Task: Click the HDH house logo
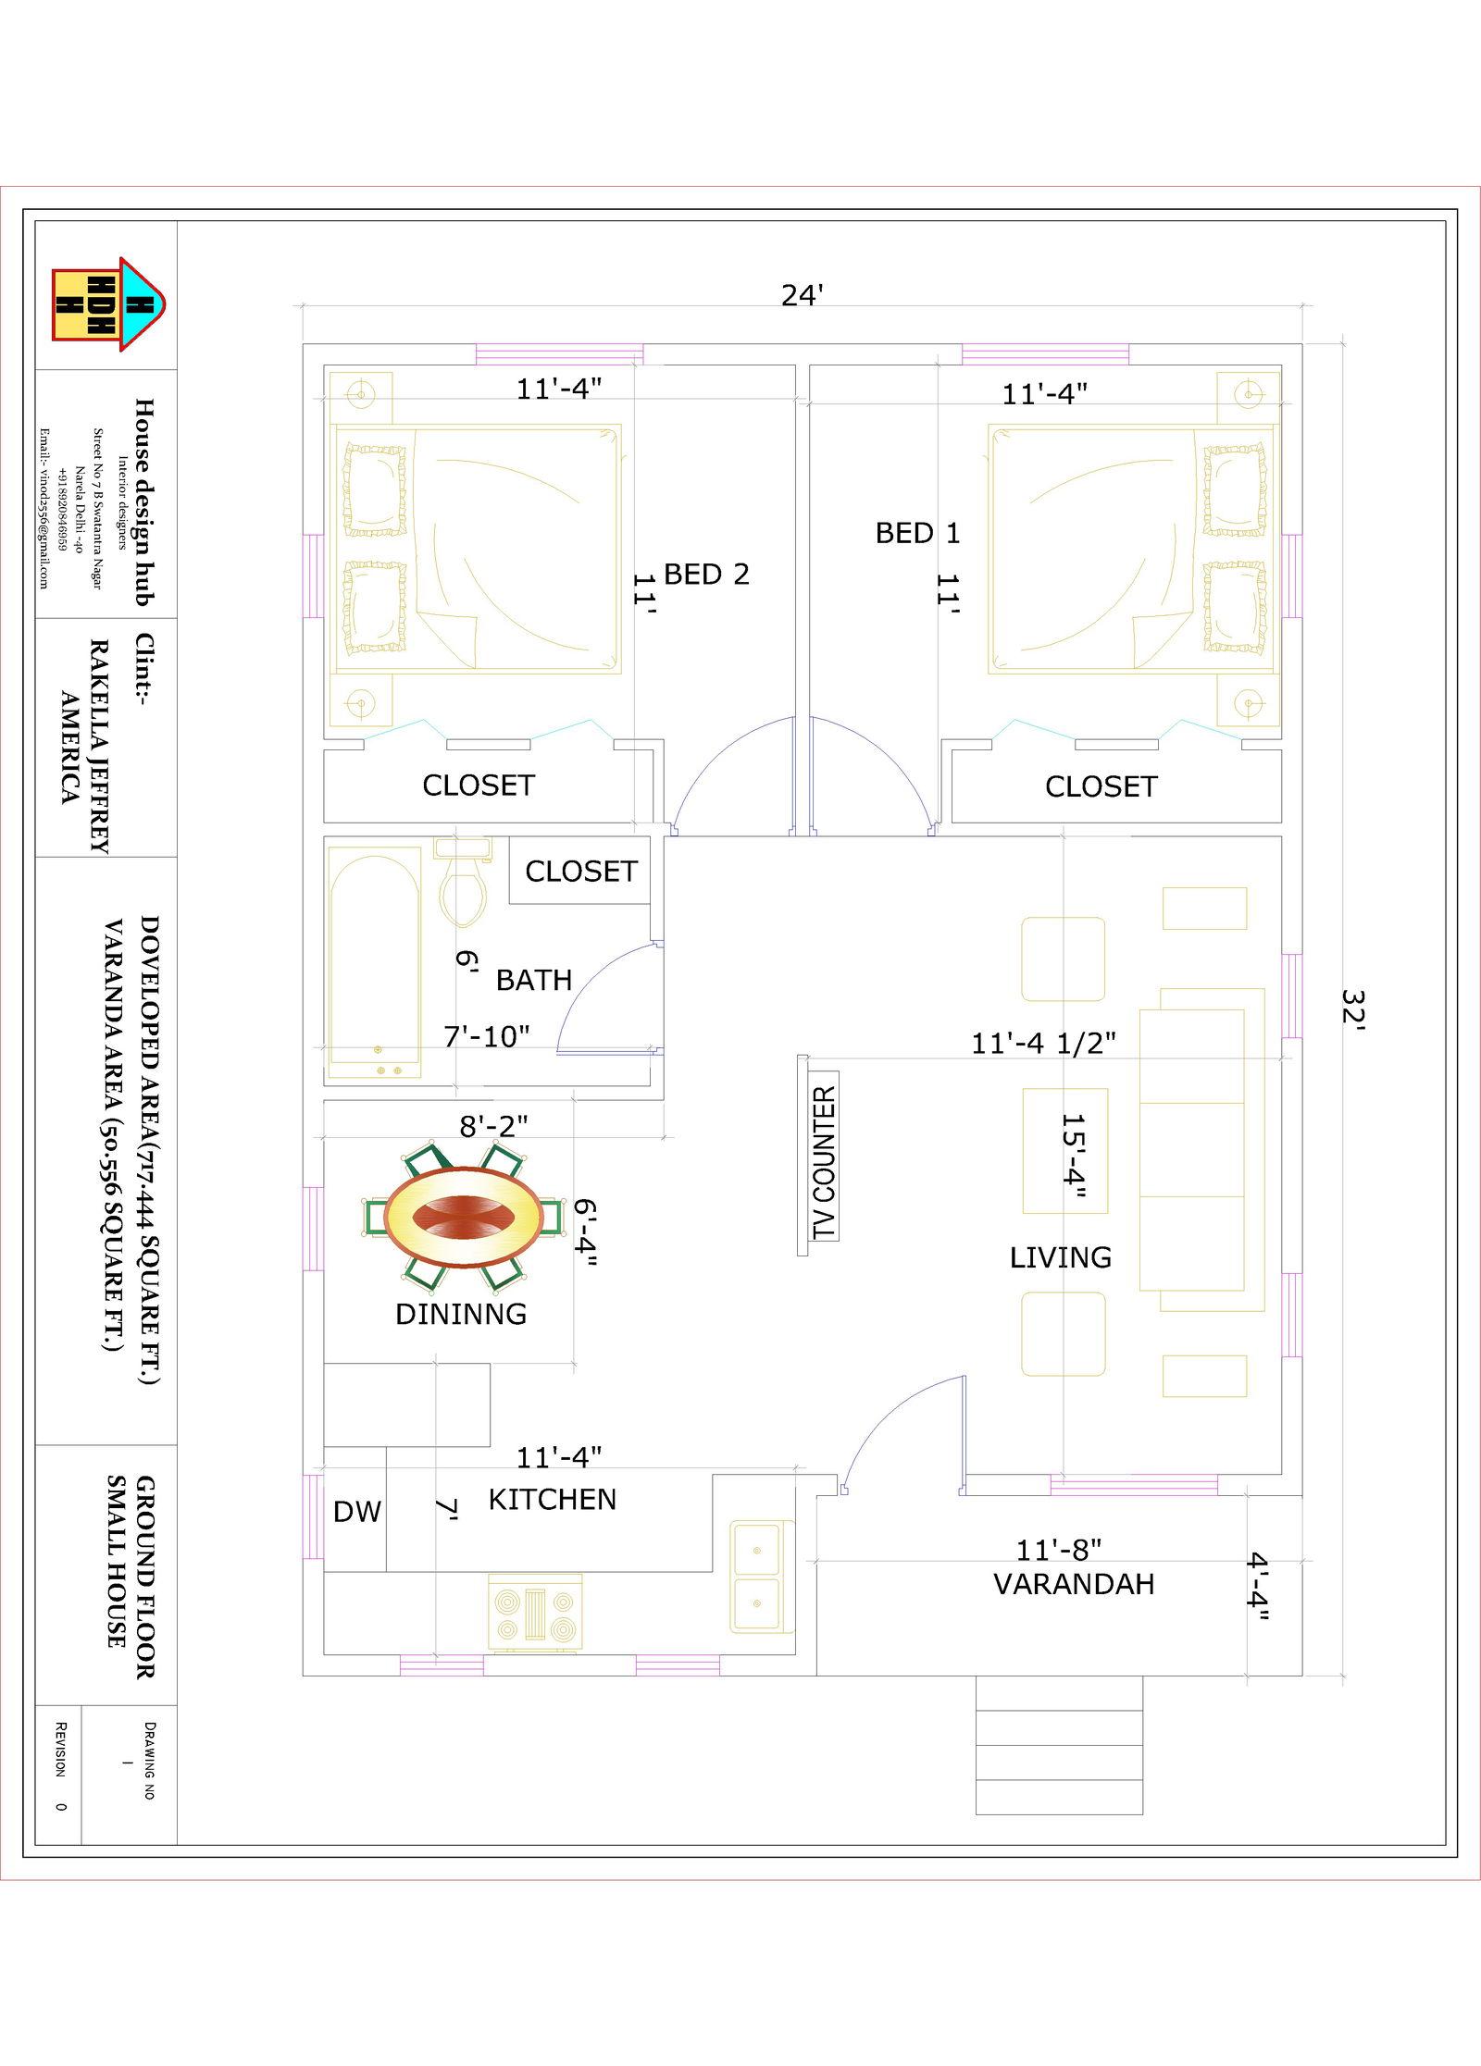[x=108, y=304]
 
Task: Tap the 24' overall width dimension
[x=802, y=295]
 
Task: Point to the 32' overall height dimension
[x=1352, y=1008]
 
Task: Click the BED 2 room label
[x=706, y=575]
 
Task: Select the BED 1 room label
[x=917, y=533]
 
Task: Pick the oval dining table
[x=465, y=1216]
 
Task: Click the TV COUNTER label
[x=824, y=1163]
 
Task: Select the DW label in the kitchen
[x=357, y=1512]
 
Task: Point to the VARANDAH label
[x=1074, y=1584]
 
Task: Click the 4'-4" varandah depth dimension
[x=1258, y=1586]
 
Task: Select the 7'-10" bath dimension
[x=487, y=1036]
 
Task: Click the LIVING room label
[x=1061, y=1257]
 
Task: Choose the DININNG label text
[x=461, y=1314]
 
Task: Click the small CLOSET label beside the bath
[x=581, y=871]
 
